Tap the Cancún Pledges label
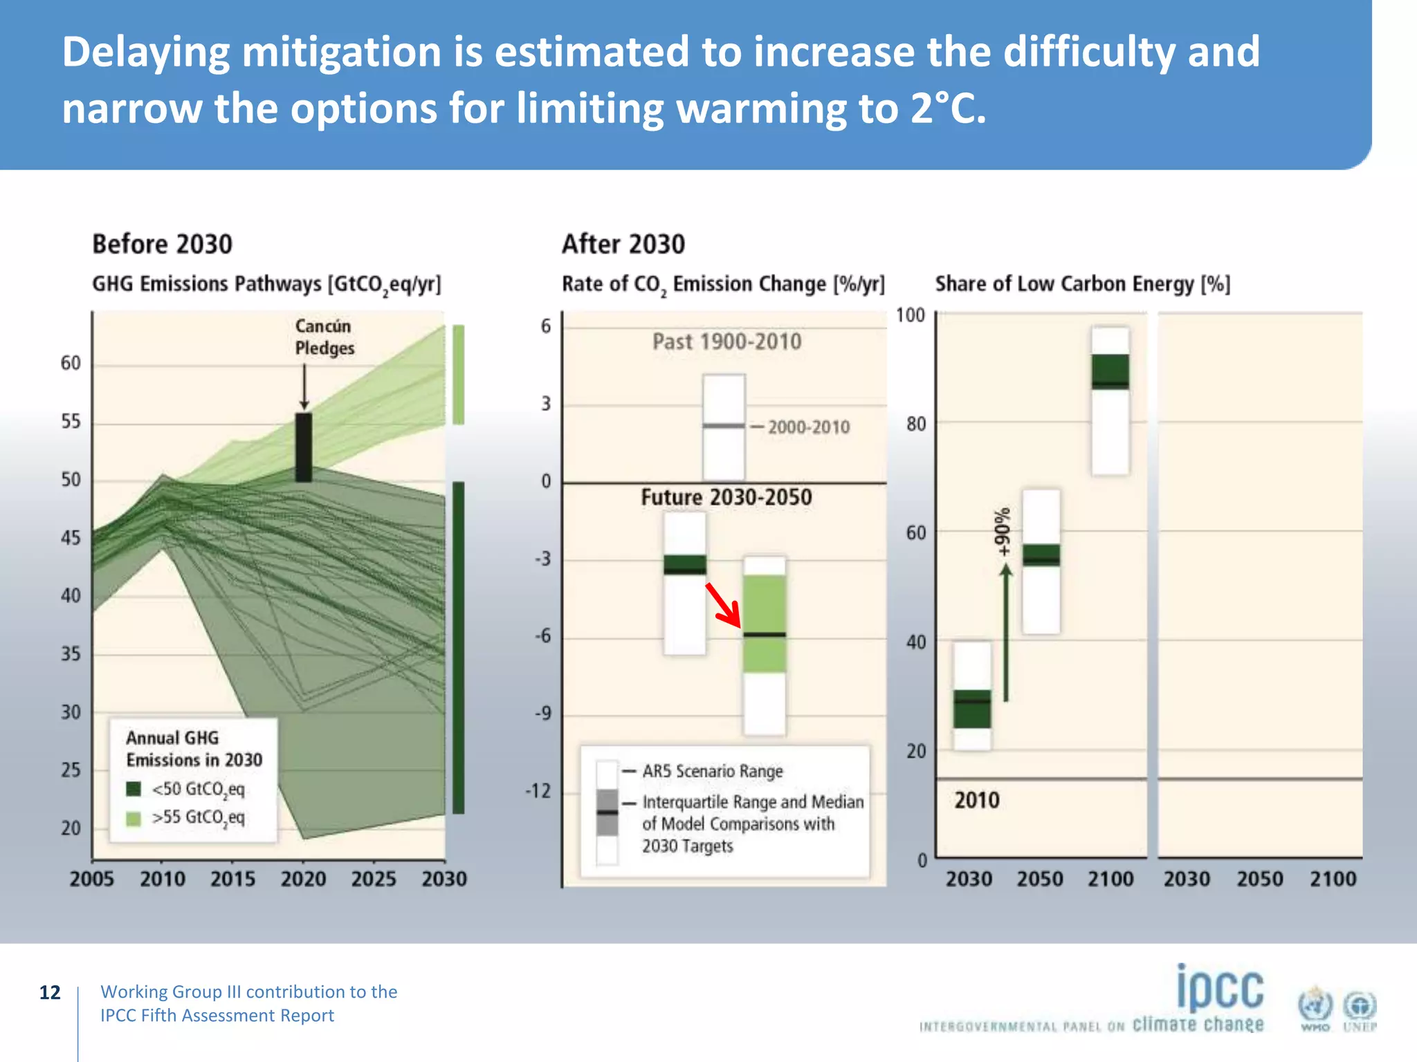(324, 337)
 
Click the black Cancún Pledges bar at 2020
(303, 447)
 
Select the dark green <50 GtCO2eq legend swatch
(134, 789)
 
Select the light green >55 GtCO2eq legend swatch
(134, 818)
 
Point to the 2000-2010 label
(808, 427)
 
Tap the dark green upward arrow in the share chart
(1006, 633)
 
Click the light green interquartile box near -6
(764, 623)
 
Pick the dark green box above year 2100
(1110, 372)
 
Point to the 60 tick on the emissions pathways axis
(71, 363)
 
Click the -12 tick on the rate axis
(538, 790)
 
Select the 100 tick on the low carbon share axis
(910, 315)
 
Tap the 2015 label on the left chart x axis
(232, 879)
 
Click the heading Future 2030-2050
(726, 497)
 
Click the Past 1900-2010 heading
(726, 342)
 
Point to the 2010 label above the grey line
(976, 801)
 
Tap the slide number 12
(50, 993)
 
